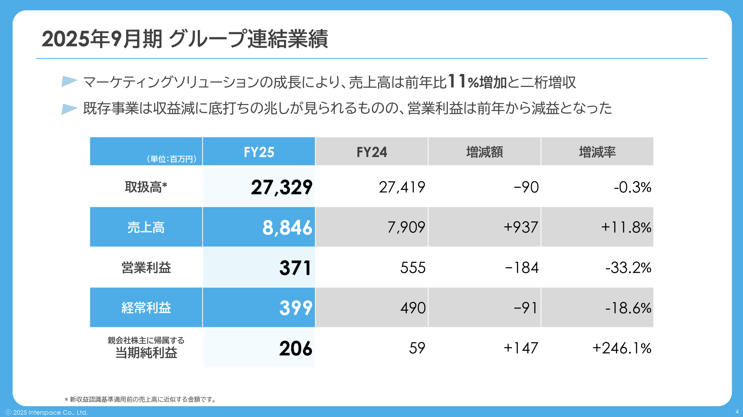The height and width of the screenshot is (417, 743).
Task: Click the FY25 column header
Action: [259, 152]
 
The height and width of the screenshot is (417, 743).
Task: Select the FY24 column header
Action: [371, 152]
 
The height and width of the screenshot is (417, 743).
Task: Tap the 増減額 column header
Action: [484, 152]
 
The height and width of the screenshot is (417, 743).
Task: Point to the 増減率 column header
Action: [597, 152]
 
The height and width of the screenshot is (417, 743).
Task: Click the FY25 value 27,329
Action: [281, 187]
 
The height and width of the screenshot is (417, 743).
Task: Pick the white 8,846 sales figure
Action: [287, 227]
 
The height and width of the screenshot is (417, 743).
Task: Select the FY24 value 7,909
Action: [406, 227]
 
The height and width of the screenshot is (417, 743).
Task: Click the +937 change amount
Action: [521, 227]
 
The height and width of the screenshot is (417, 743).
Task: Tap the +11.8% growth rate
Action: [626, 227]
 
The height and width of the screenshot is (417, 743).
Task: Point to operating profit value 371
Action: [295, 268]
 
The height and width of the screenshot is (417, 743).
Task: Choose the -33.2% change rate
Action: [628, 268]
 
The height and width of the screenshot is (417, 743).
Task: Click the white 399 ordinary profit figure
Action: [295, 308]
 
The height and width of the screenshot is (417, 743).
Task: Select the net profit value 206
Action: [295, 348]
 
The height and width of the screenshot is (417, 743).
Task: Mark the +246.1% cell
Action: [622, 348]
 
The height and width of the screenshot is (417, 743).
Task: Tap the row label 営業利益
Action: [146, 268]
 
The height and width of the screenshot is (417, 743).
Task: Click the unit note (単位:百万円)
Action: [172, 159]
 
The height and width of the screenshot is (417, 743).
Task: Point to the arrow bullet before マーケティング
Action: [69, 82]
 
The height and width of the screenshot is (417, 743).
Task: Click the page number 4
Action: [737, 411]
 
